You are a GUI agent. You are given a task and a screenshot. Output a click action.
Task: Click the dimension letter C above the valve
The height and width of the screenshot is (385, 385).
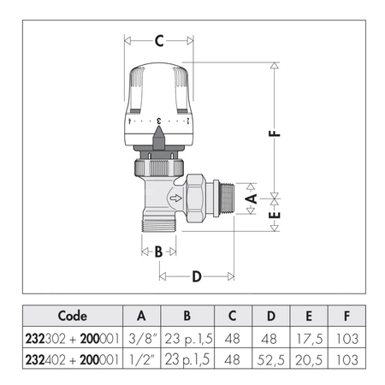(x=159, y=39)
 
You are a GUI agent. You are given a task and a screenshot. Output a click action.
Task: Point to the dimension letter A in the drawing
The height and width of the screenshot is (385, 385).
(x=251, y=198)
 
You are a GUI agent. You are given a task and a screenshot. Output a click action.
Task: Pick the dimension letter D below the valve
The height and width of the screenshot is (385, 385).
(x=197, y=276)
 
